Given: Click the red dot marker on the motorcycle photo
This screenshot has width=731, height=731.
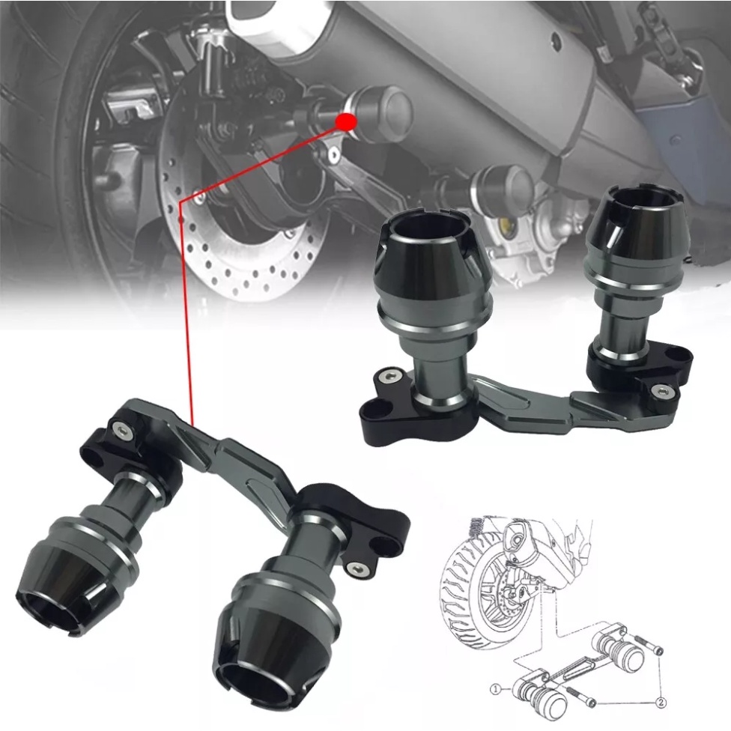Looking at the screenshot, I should pos(345,121).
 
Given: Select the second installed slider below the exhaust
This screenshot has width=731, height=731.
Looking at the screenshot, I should pos(503,185).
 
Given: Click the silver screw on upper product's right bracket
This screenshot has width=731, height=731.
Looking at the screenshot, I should pos(661,390).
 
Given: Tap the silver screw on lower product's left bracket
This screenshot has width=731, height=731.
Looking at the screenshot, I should pos(120,428).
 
